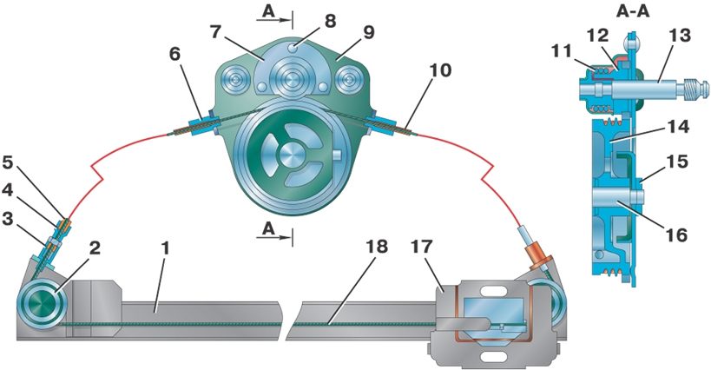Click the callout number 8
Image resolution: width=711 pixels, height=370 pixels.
[x=330, y=21]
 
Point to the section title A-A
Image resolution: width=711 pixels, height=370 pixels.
[x=633, y=12]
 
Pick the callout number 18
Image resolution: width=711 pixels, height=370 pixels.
[x=378, y=247]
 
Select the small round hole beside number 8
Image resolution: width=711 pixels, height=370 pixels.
[x=296, y=46]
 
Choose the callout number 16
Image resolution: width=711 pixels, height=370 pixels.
[x=676, y=235]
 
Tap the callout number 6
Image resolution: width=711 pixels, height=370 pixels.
[x=174, y=55]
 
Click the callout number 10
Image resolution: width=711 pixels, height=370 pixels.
[x=441, y=70]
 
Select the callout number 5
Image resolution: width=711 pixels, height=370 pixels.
[x=8, y=163]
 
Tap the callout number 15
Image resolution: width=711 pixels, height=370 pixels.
[x=677, y=162]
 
